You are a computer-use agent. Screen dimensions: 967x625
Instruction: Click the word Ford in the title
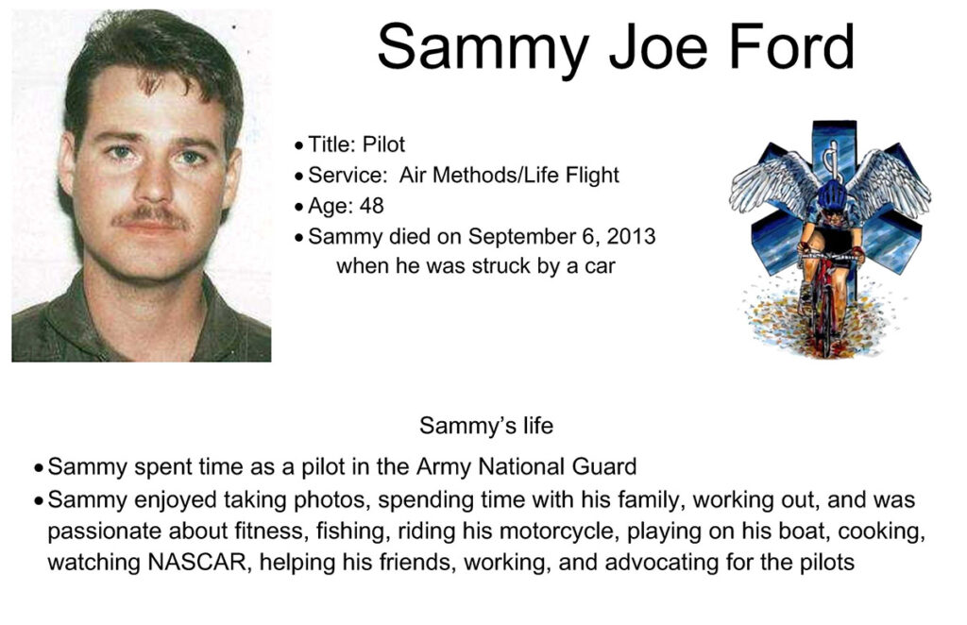coord(792,47)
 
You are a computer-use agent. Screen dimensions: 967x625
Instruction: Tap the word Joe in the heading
coord(658,47)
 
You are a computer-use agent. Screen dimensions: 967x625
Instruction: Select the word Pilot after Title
coord(383,144)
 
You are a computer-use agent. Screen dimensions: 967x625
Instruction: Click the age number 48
coord(371,205)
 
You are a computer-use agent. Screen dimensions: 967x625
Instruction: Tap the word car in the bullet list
coord(600,266)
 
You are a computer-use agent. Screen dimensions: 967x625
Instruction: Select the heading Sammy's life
coord(486,425)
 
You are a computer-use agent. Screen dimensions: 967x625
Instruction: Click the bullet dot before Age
coord(299,207)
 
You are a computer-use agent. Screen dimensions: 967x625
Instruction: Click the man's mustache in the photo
coord(150,217)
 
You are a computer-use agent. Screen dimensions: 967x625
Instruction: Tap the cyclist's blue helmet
coord(832,195)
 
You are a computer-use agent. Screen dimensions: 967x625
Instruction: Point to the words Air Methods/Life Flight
coord(509,175)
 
